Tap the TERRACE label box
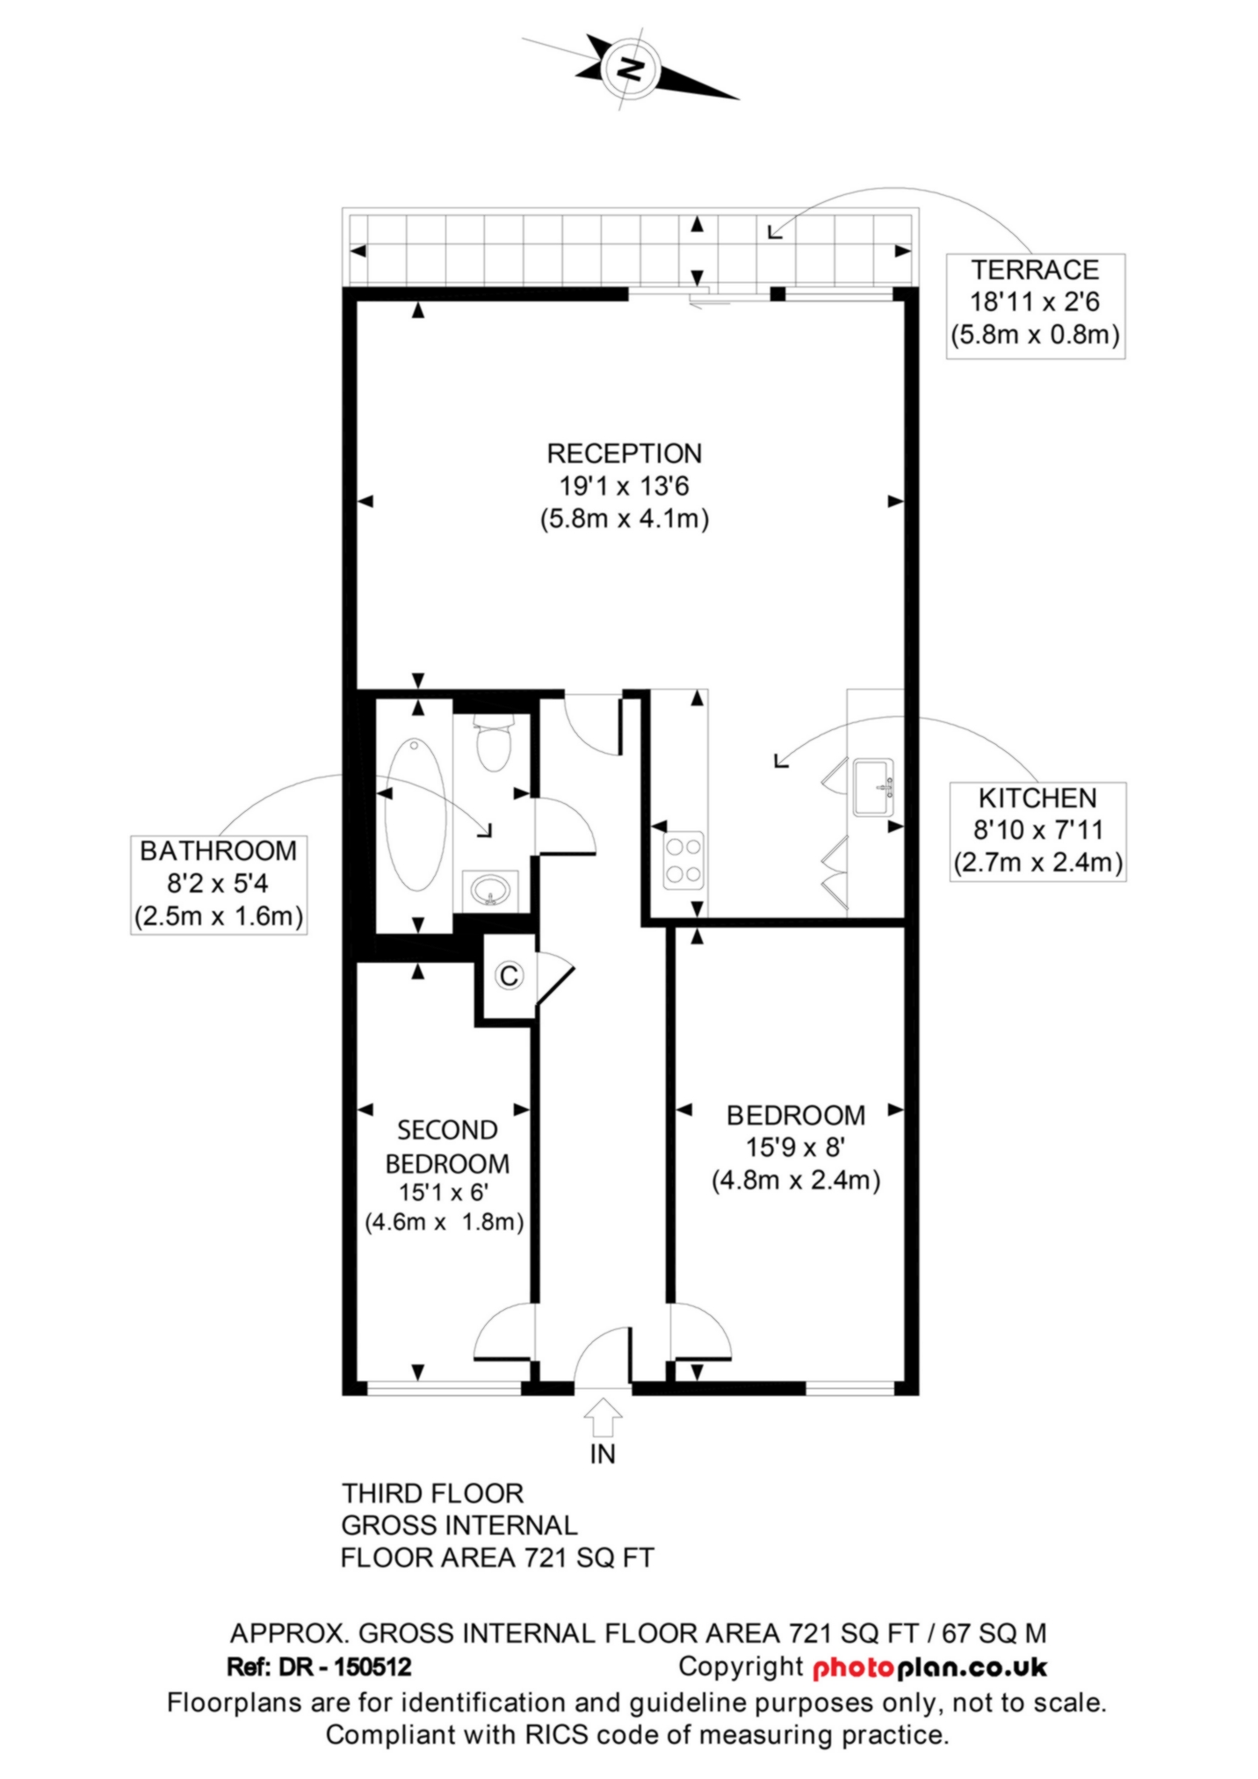pos(1035,306)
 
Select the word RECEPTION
pos(625,453)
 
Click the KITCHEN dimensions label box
pos(1037,831)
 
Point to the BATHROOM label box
pos(219,884)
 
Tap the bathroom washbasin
pos(488,889)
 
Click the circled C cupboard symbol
pos(510,975)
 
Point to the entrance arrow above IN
pos(603,1419)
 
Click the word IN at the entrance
pos(603,1454)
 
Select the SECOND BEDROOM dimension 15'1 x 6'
pos(444,1192)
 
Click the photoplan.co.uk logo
pos(929,1667)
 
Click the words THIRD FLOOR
pos(432,1493)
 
